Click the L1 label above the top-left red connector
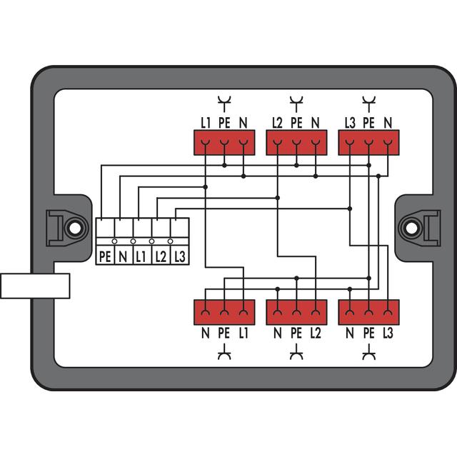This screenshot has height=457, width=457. pos(206,123)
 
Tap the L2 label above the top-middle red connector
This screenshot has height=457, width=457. pos(278,123)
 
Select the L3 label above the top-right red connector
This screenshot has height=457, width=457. pos(350,123)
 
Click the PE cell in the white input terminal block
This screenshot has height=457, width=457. pos(105,256)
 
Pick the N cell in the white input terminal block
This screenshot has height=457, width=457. pos(124,256)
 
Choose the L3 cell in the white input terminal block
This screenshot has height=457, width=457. pos(179,256)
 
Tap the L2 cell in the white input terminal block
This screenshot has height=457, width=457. pos(161,256)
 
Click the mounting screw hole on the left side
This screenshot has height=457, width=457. pos(75,228)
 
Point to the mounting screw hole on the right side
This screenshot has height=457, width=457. pos(411,228)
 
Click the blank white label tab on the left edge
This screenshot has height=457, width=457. pos(35,286)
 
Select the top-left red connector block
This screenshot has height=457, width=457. pos(224,143)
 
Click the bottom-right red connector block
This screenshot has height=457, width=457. pos(368,312)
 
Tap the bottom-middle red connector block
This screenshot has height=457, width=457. pos(296,312)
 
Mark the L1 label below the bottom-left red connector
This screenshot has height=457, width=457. pos(243,333)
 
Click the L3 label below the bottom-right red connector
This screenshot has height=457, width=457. pos(388,333)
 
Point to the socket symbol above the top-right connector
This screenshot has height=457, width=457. pos(369,104)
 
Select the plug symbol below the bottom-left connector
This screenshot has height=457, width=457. pos(224,352)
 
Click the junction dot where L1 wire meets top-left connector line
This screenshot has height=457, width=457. pos(206,187)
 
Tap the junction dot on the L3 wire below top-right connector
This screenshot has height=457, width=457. pos(350,209)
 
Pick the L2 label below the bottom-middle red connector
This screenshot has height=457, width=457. pos(316,333)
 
